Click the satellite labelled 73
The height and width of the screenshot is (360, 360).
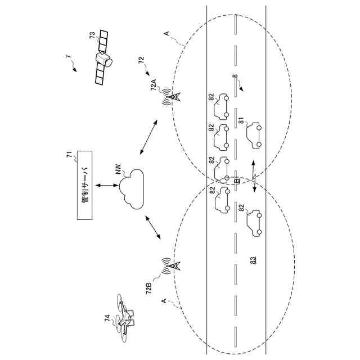click(x=103, y=57)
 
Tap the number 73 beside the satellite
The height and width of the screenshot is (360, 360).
click(x=92, y=35)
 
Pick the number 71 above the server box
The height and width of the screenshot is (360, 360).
click(x=70, y=156)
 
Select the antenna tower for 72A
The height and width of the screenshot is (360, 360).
click(x=173, y=97)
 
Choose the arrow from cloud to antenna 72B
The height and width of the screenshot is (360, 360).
click(x=151, y=228)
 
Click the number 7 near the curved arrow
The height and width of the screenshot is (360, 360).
click(x=67, y=57)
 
